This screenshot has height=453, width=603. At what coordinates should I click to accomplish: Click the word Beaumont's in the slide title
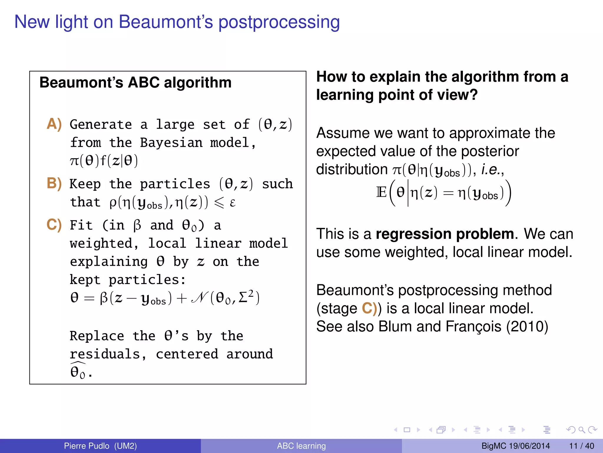coord(166,22)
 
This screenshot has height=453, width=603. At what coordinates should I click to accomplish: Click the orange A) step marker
coord(54,124)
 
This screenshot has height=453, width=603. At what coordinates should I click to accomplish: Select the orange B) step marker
coord(54,183)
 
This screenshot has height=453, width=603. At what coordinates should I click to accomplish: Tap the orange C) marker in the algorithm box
coord(54,225)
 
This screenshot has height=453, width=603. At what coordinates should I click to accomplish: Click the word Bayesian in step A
coord(171,143)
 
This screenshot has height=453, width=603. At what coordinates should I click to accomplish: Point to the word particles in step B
coord(175,184)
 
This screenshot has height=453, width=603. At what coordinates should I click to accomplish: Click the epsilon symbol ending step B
coord(232,203)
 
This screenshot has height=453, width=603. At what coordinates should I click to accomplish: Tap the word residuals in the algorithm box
coord(105,354)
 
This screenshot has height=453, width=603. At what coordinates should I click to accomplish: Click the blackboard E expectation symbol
coord(381,193)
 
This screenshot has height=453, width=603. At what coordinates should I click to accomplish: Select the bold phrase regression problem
coord(445,234)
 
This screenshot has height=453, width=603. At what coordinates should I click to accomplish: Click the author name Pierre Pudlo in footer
coord(87,446)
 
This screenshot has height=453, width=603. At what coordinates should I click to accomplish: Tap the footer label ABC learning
coord(301,446)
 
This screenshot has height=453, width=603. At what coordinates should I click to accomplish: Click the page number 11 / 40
coord(582,446)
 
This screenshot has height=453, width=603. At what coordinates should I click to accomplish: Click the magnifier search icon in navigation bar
coord(582,430)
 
